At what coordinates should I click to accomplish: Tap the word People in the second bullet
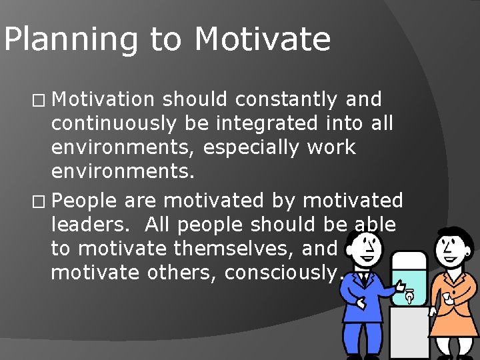point(83,200)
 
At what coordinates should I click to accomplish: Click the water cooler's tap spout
point(408,296)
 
